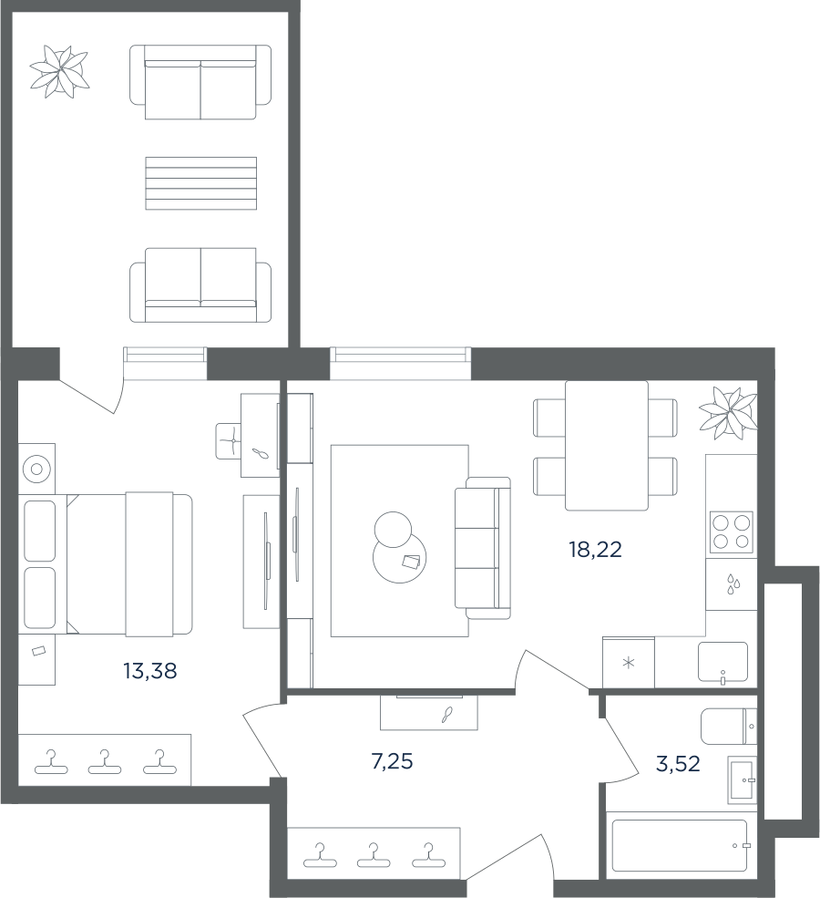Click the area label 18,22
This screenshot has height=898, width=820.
pyautogui.click(x=595, y=549)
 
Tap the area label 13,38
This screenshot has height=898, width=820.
pyautogui.click(x=150, y=670)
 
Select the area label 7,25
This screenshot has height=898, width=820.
pyautogui.click(x=392, y=761)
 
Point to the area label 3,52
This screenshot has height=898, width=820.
pyautogui.click(x=678, y=764)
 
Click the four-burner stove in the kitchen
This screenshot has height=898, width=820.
pyautogui.click(x=732, y=532)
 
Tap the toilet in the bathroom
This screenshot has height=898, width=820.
pyautogui.click(x=729, y=727)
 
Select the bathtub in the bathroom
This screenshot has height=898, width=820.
pyautogui.click(x=679, y=845)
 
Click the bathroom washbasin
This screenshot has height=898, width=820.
pyautogui.click(x=743, y=779)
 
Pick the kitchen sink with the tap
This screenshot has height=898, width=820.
pyautogui.click(x=723, y=662)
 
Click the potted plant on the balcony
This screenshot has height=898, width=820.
pyautogui.click(x=60, y=71)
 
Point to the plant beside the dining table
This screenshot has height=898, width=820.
pyautogui.click(x=729, y=413)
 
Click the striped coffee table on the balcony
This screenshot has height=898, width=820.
pyautogui.click(x=200, y=183)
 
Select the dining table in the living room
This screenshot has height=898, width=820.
pyautogui.click(x=607, y=446)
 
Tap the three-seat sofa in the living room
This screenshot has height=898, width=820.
pyautogui.click(x=482, y=548)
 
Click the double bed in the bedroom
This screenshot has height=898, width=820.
pyautogui.click(x=129, y=563)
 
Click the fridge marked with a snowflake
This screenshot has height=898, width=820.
pyautogui.click(x=629, y=662)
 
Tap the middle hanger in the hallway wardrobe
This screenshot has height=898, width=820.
pyautogui.click(x=373, y=854)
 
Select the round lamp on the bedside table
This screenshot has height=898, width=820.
pyautogui.click(x=36, y=469)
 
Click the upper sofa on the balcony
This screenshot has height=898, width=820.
pyautogui.click(x=200, y=82)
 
